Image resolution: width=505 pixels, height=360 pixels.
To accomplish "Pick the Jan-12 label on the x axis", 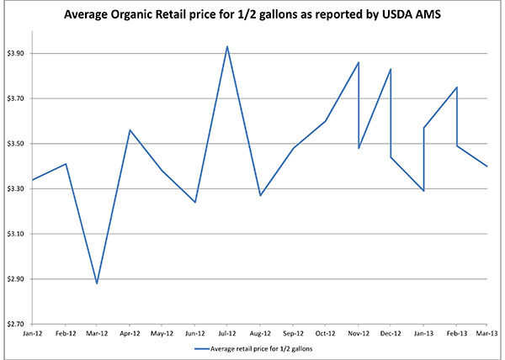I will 33,333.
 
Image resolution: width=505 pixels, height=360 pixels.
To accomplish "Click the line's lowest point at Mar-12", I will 98,283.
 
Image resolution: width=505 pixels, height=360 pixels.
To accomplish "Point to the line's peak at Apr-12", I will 130,130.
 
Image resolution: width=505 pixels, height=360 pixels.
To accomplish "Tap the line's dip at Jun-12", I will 195,202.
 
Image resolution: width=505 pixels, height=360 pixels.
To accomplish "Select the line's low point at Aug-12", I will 260,195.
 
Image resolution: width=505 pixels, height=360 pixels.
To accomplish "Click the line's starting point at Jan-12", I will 33,180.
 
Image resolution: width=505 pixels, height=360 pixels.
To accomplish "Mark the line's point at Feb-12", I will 66,163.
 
